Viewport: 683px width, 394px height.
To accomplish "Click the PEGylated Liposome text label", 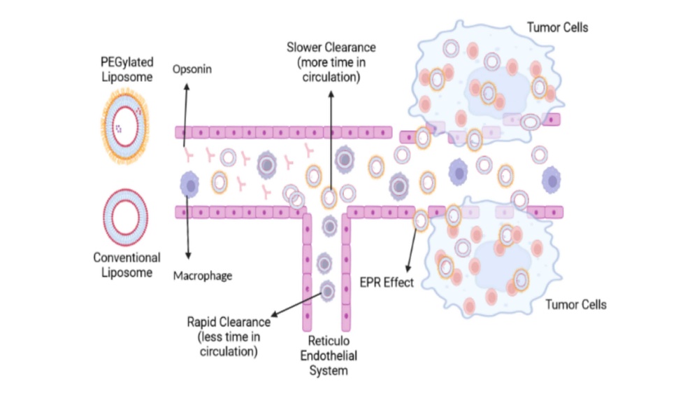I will [x=126, y=69].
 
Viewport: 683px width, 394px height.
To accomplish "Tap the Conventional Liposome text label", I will [x=127, y=265].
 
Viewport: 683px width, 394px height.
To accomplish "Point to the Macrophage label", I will [x=203, y=276].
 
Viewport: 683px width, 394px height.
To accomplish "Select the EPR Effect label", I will [x=387, y=283].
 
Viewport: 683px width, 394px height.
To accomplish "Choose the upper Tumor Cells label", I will [x=556, y=28].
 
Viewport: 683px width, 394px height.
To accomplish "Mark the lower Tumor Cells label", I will [x=575, y=304].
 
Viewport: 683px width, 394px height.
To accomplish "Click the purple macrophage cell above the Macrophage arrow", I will [x=189, y=184].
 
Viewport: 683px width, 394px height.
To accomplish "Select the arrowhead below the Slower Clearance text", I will [x=331, y=92].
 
